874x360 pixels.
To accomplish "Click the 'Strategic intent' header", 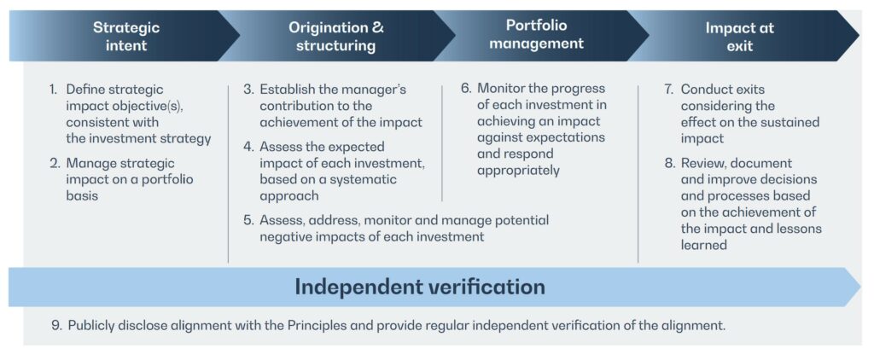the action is point(126,36).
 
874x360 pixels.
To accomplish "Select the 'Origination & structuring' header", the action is point(335,36).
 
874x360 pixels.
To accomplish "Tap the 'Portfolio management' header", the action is point(536,34).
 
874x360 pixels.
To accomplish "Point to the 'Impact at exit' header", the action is point(740,36).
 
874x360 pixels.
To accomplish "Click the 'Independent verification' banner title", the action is point(420,287).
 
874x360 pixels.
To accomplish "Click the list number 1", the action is point(53,90).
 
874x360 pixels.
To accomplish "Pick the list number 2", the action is point(54,163).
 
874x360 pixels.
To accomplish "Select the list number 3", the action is point(249,90).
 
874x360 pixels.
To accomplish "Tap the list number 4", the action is point(249,147).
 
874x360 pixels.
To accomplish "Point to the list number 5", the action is point(249,220).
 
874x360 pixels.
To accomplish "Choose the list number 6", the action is point(467,89).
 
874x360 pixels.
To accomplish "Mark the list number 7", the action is point(669,90).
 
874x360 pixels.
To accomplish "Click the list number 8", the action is point(669,163).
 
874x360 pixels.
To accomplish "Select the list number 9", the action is point(55,325).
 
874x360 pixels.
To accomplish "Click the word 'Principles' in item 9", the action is point(317,325).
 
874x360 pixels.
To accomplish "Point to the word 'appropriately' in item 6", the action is point(518,171).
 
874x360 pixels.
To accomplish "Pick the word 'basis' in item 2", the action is point(82,195).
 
